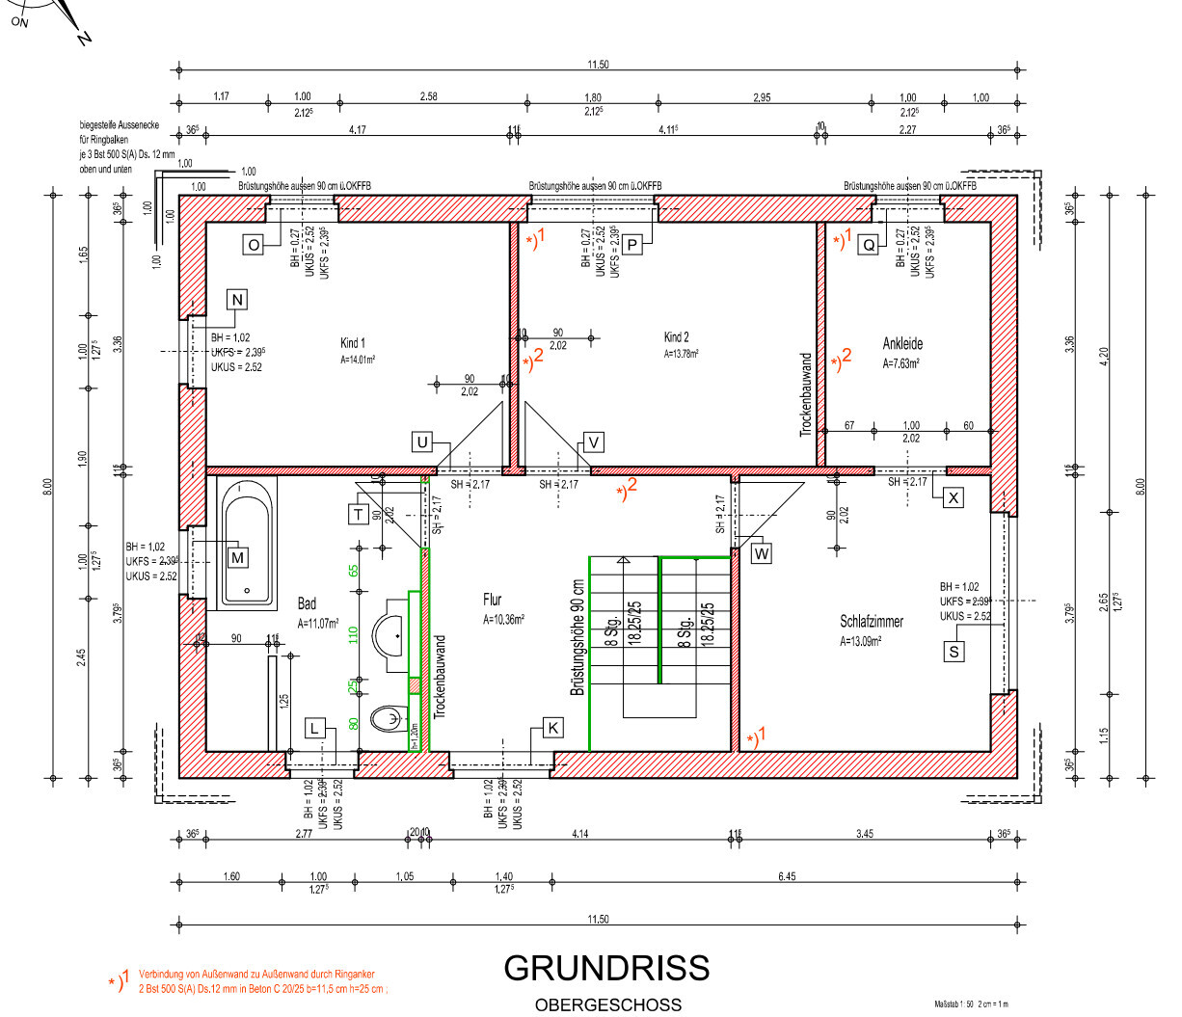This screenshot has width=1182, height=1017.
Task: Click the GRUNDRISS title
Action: [606, 968]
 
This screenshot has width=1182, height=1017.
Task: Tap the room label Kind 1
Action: [353, 343]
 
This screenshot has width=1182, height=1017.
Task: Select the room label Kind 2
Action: [677, 337]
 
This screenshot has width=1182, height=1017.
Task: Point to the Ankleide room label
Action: [902, 343]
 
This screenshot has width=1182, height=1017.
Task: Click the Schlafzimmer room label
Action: [872, 622]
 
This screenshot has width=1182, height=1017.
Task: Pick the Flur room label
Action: [493, 600]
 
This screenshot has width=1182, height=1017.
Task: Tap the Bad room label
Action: [307, 604]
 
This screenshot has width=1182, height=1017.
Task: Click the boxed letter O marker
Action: [254, 245]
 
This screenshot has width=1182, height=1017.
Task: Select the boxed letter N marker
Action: [237, 299]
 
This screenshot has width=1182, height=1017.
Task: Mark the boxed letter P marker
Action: [632, 245]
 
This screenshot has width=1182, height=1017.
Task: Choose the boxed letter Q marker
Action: [869, 245]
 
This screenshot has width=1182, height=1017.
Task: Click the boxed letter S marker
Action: [954, 652]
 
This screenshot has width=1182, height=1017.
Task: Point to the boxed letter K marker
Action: [552, 728]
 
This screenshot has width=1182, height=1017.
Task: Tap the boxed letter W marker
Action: [762, 553]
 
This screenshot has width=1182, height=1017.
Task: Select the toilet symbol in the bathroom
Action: [389, 718]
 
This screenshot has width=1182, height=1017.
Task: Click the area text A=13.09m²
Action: [860, 641]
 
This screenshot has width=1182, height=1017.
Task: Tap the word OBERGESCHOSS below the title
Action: [607, 1004]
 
